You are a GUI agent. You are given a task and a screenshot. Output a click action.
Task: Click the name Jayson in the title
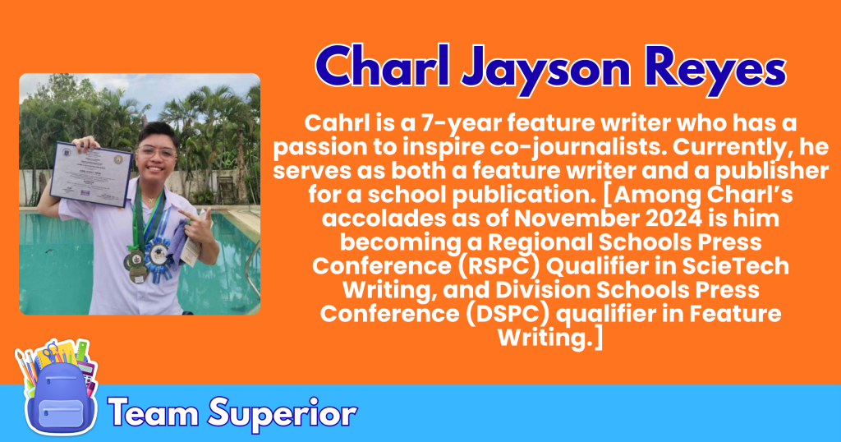pyautogui.click(x=545, y=70)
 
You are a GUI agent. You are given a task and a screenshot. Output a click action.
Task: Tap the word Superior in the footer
pyautogui.click(x=283, y=414)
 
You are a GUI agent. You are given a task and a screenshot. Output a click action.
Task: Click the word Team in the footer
pyautogui.click(x=155, y=412)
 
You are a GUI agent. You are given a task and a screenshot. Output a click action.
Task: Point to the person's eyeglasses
pyautogui.click(x=156, y=153)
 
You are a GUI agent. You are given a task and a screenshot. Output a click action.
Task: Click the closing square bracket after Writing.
pyautogui.click(x=599, y=338)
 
